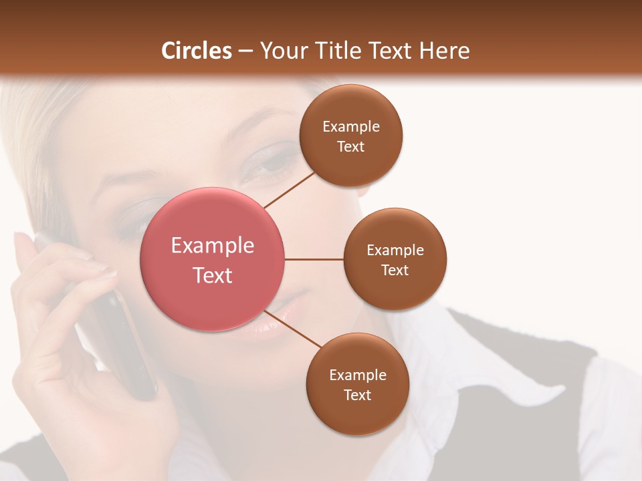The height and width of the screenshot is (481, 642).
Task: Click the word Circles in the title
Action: click(x=197, y=51)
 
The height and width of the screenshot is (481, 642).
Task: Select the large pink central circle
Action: click(x=213, y=259)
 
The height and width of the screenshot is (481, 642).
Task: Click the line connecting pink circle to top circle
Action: click(x=290, y=190)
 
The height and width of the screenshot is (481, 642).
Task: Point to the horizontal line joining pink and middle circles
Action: click(x=314, y=259)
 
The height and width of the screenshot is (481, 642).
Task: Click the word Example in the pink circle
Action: click(x=213, y=246)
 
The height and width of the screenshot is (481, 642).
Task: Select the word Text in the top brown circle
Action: click(x=350, y=147)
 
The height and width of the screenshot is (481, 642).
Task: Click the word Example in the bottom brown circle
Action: click(x=357, y=375)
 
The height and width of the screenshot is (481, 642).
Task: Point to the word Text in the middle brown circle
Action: click(x=395, y=271)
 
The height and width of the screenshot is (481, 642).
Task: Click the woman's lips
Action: click(x=271, y=319)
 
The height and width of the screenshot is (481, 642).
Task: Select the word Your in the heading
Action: click(x=282, y=51)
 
